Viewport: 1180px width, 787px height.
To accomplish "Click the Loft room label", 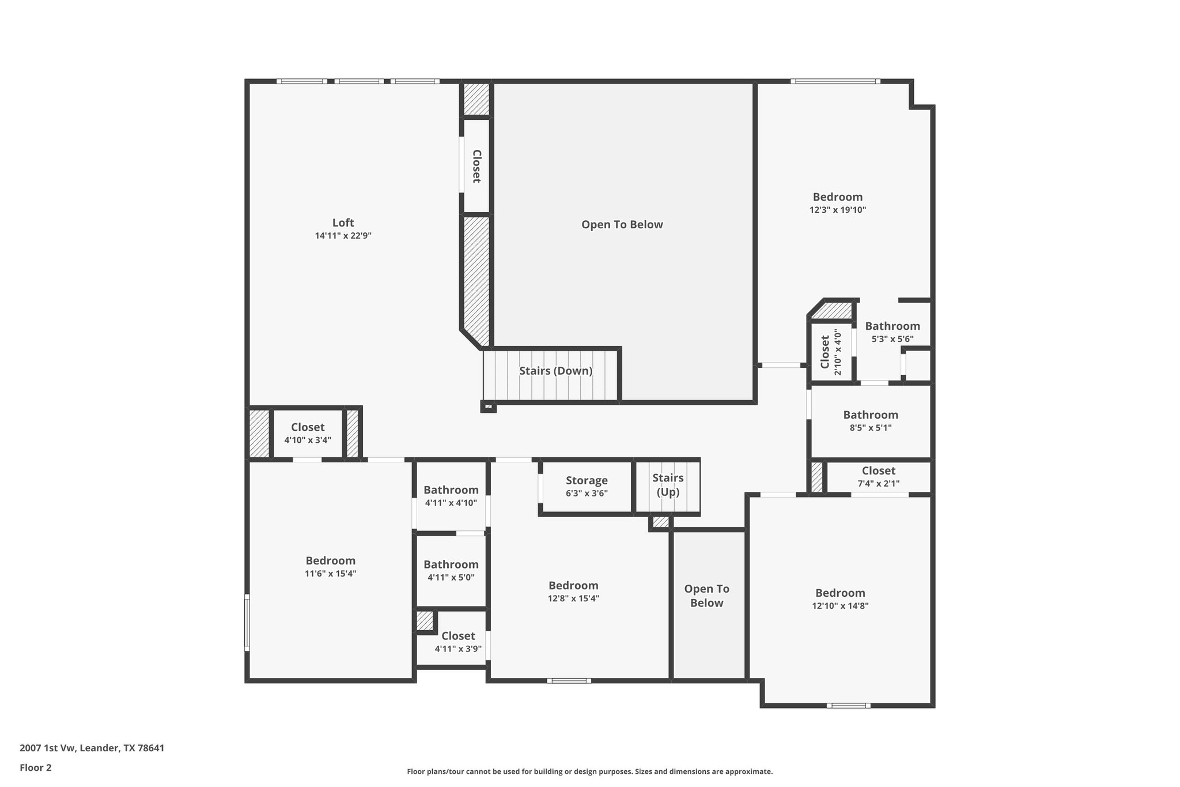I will pyautogui.click(x=343, y=223).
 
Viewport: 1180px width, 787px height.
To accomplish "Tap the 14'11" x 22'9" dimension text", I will pyautogui.click(x=343, y=236).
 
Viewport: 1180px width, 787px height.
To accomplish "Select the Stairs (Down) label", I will pyautogui.click(x=555, y=371).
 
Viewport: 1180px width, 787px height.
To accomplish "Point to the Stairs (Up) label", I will pyautogui.click(x=668, y=485).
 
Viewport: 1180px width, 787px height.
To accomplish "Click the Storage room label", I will pyautogui.click(x=587, y=480).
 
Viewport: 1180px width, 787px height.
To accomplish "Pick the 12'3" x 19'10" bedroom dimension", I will pyautogui.click(x=838, y=210).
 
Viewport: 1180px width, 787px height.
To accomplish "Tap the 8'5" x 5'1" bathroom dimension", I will pyautogui.click(x=871, y=428).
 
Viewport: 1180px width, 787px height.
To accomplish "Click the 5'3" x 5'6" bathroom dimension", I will pyautogui.click(x=892, y=339).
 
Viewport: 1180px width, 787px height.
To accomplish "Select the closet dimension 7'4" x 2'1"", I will pyautogui.click(x=878, y=484).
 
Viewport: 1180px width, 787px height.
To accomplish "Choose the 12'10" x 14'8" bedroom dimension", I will pyautogui.click(x=840, y=606).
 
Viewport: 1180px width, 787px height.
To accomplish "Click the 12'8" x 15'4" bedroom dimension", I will pyautogui.click(x=573, y=598).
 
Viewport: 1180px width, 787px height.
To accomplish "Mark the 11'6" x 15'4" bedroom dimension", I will pyautogui.click(x=330, y=574).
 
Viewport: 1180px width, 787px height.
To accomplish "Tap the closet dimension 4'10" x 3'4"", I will pyautogui.click(x=308, y=440).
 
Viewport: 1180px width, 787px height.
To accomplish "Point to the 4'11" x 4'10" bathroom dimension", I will pyautogui.click(x=451, y=503).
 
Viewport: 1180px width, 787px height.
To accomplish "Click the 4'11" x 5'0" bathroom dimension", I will pyautogui.click(x=451, y=577).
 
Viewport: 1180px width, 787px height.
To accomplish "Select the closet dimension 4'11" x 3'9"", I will pyautogui.click(x=458, y=649).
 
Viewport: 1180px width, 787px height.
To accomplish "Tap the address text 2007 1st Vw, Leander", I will pyautogui.click(x=92, y=748).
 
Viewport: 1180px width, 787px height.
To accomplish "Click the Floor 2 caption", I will pyautogui.click(x=36, y=767).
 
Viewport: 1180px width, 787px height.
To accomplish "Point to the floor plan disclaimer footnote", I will pyautogui.click(x=589, y=771).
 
